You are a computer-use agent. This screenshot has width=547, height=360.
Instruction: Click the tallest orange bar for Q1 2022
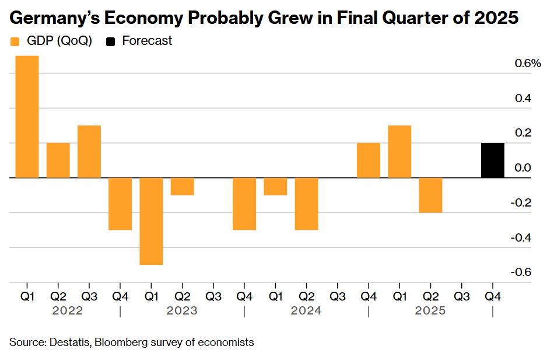point(27,117)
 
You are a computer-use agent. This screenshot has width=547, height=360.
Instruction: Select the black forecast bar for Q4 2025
point(492,160)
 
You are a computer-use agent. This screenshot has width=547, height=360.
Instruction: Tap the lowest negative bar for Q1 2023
point(151,221)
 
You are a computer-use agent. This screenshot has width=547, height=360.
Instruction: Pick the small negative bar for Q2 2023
point(182,187)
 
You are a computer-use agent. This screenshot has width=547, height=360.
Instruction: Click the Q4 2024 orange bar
point(368,160)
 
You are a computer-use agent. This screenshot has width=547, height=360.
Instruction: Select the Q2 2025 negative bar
point(430,195)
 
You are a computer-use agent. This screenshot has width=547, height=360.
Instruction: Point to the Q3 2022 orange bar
point(89,152)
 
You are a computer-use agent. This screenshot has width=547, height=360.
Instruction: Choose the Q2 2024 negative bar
point(306,204)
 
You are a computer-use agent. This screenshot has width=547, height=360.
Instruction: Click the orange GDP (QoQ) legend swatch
point(16,41)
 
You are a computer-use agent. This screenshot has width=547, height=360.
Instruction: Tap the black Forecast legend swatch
point(110,41)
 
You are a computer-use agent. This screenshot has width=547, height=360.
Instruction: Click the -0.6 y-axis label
point(521,272)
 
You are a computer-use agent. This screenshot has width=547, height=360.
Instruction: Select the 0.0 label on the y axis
point(523,168)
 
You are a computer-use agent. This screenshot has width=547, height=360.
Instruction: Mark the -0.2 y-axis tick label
point(521,203)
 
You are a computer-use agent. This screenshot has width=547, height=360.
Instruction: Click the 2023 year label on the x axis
point(182,310)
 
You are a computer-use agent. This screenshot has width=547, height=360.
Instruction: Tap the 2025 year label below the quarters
point(430,310)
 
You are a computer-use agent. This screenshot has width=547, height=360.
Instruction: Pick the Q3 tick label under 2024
point(337,296)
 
